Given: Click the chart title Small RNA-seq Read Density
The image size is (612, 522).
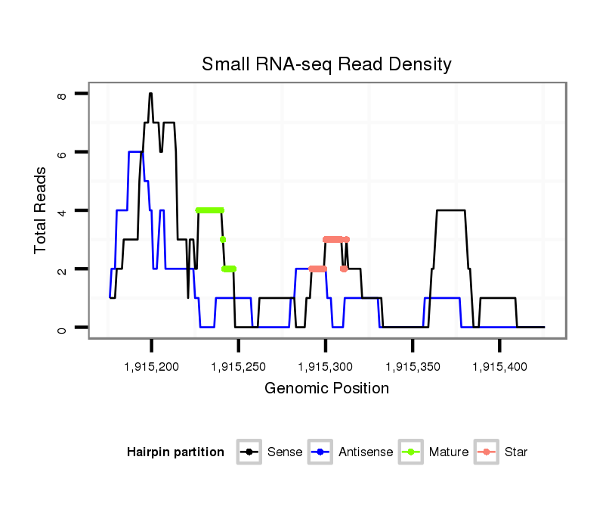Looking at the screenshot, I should pos(326,64).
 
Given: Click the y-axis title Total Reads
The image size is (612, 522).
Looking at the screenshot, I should pos(42,210).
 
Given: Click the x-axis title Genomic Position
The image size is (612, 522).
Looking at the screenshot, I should pos(326,389).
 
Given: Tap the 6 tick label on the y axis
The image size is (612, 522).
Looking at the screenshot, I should pos(63,152).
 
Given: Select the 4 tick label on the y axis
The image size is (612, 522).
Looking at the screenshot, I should pos(63,210).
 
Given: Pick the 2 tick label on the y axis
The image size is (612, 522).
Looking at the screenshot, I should pos(63,269).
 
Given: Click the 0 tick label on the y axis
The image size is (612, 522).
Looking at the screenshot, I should pos(63,328).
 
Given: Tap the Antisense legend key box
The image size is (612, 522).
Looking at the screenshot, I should pos(320,452).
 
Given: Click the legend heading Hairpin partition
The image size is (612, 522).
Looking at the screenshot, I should pos(175,452).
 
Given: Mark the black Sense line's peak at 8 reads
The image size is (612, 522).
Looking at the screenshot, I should pos(150,94).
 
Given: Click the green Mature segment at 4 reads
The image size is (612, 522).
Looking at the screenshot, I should pos(209,210).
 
